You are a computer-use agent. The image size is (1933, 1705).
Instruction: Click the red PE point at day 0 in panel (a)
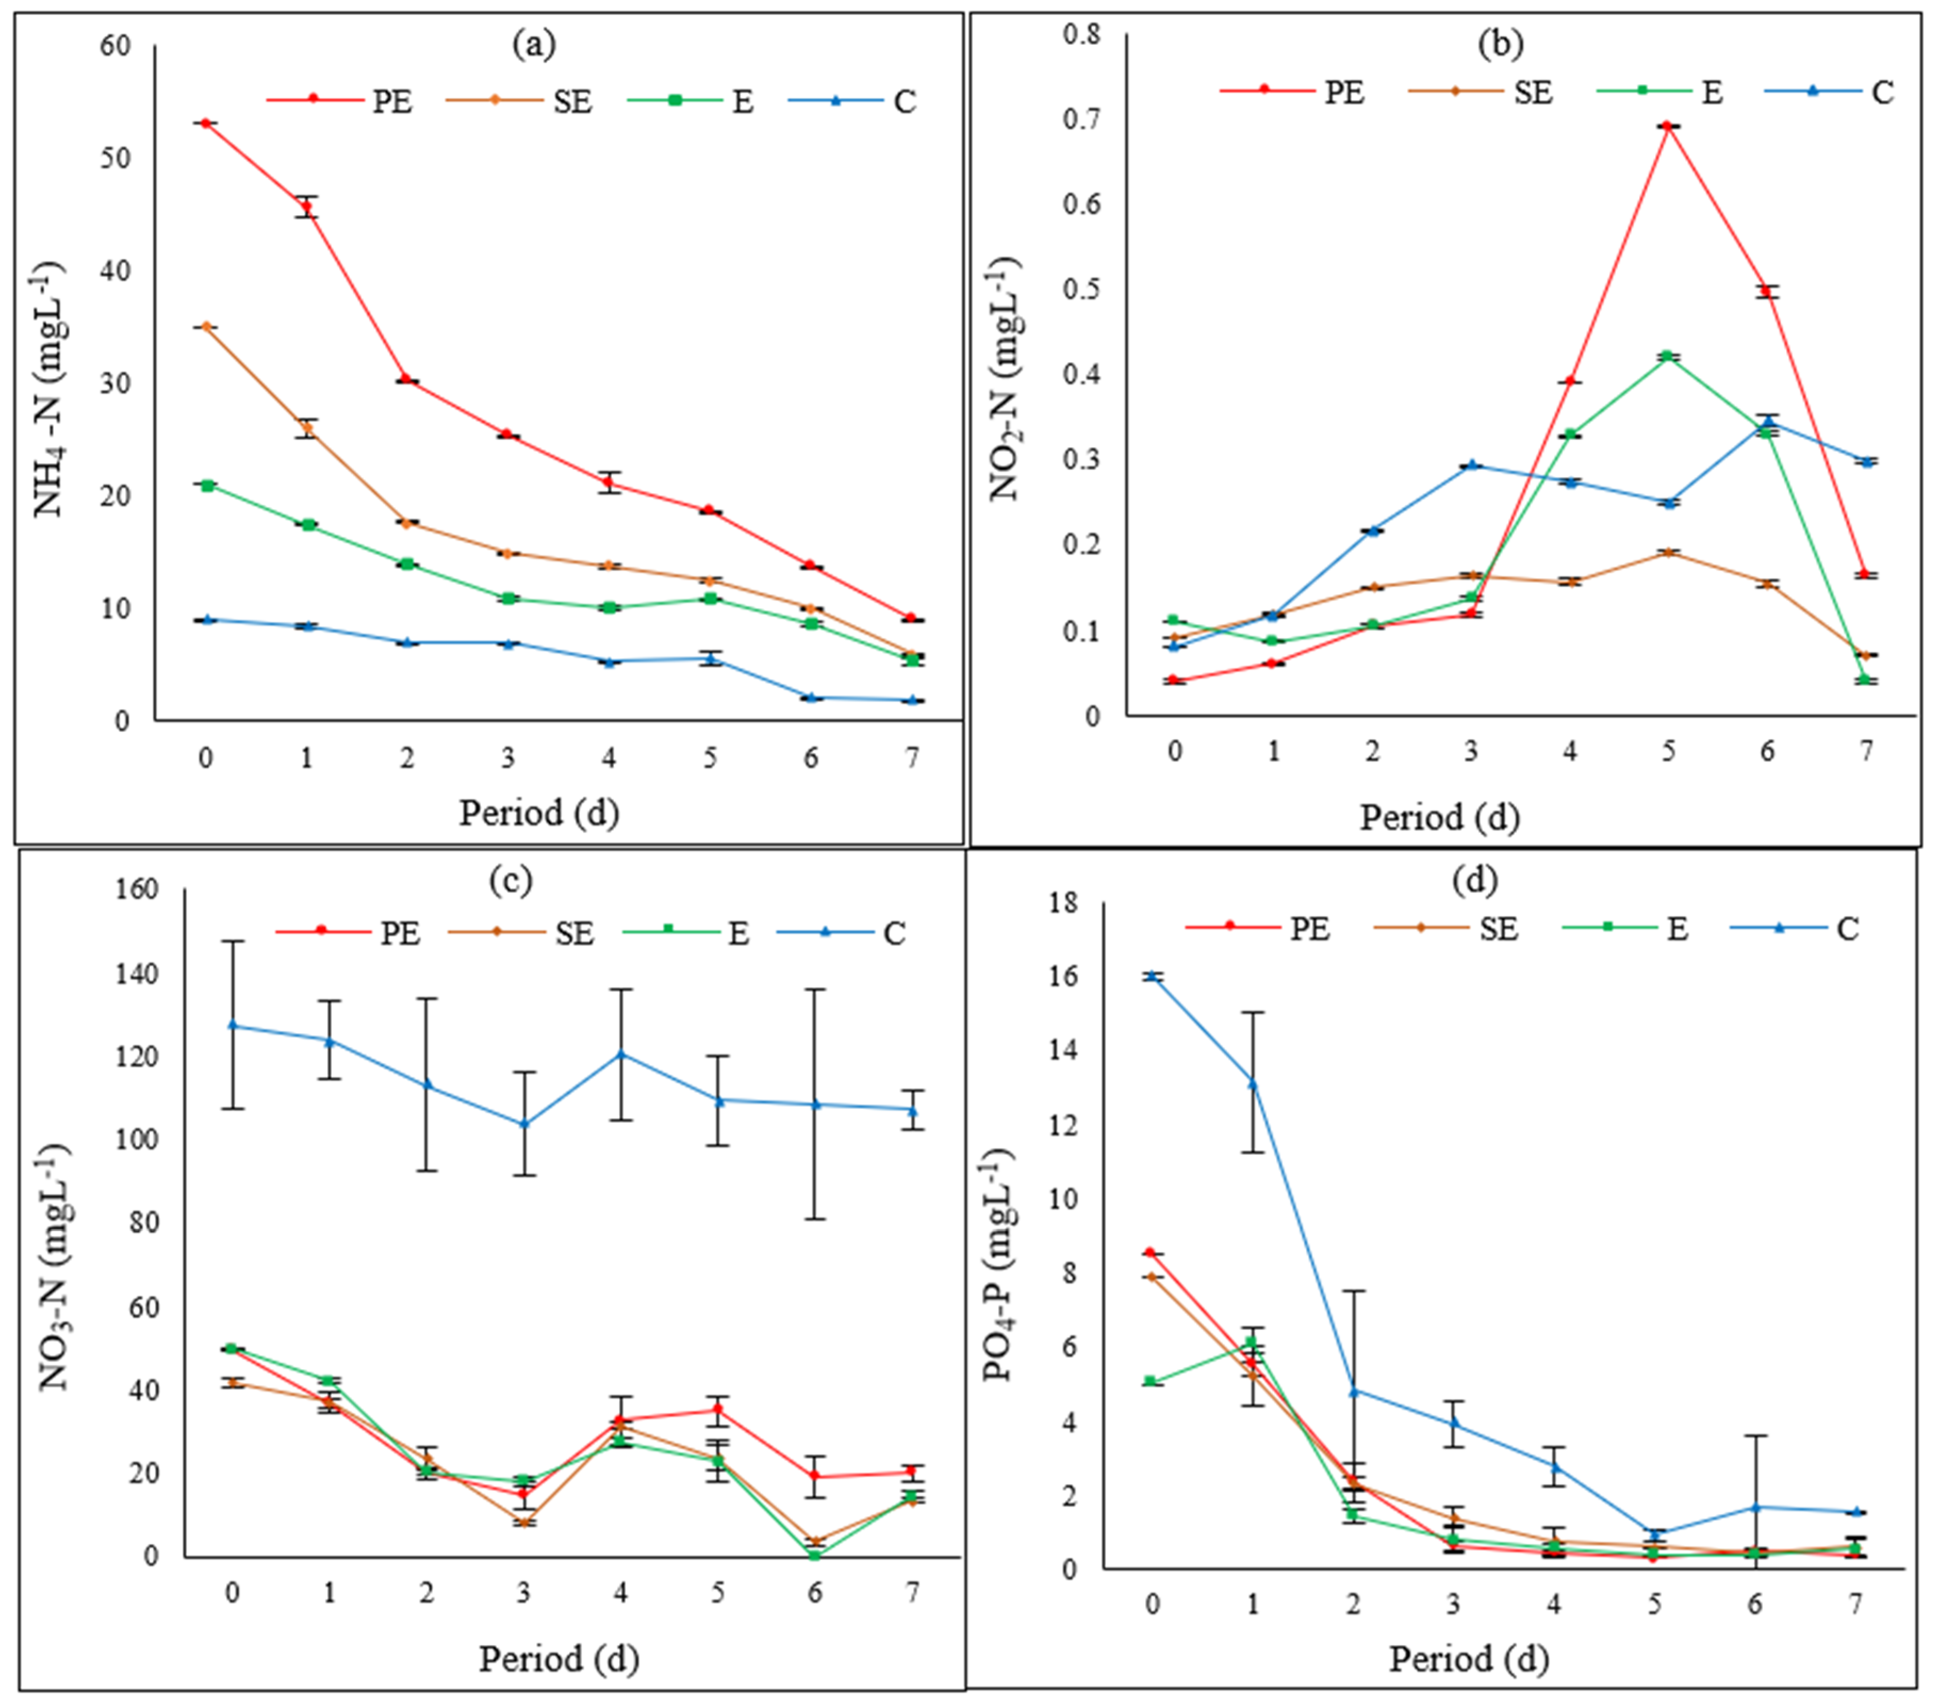pyautogui.click(x=205, y=123)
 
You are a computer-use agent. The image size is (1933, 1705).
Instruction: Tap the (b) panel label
pyautogui.click(x=1500, y=44)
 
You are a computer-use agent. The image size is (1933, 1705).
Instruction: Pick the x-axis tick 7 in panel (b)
pyautogui.click(x=1866, y=751)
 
